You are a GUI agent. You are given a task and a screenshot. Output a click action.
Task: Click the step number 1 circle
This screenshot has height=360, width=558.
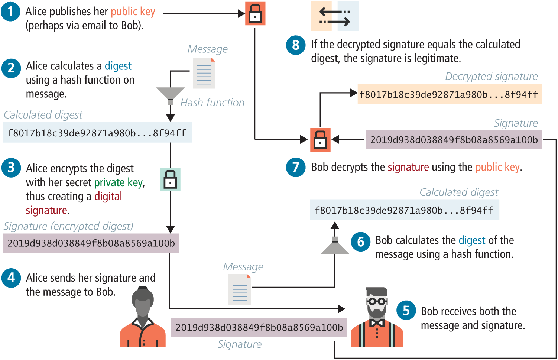click(x=11, y=11)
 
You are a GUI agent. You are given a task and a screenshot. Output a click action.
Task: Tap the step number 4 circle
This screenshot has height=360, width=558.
click(x=11, y=278)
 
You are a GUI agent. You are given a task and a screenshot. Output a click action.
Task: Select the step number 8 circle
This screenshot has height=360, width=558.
click(x=296, y=45)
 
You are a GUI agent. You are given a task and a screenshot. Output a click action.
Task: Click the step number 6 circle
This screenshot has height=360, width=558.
click(x=360, y=242)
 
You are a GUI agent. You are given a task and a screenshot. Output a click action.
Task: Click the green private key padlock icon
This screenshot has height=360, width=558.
click(x=170, y=179)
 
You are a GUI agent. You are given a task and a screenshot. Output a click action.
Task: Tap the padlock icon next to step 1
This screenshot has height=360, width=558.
click(x=255, y=14)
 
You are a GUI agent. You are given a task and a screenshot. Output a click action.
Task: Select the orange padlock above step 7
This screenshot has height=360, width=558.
click(x=320, y=140)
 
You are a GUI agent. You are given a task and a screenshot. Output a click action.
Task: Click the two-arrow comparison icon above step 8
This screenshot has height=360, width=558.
click(x=335, y=16)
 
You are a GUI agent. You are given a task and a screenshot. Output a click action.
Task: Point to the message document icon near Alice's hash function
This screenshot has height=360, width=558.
click(x=204, y=73)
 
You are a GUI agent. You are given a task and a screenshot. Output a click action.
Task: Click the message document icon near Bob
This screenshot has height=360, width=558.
click(x=240, y=289)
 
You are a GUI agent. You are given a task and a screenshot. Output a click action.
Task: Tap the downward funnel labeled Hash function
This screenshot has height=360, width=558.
click(x=171, y=95)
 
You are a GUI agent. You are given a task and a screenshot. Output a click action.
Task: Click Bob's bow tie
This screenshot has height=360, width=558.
click(x=377, y=323)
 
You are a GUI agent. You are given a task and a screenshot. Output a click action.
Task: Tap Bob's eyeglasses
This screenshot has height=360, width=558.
click(x=377, y=301)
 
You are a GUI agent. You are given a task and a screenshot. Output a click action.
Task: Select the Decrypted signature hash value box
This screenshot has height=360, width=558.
click(x=449, y=94)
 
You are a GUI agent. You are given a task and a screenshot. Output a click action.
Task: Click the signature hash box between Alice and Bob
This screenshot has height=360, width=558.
click(x=259, y=327)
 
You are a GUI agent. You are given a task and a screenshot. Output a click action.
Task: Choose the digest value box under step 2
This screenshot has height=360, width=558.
click(x=97, y=133)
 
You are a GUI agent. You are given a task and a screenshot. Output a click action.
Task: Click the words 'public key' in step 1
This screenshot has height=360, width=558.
click(x=133, y=12)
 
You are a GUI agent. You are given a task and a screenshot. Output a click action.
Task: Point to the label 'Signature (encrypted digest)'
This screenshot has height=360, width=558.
click(x=68, y=226)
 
